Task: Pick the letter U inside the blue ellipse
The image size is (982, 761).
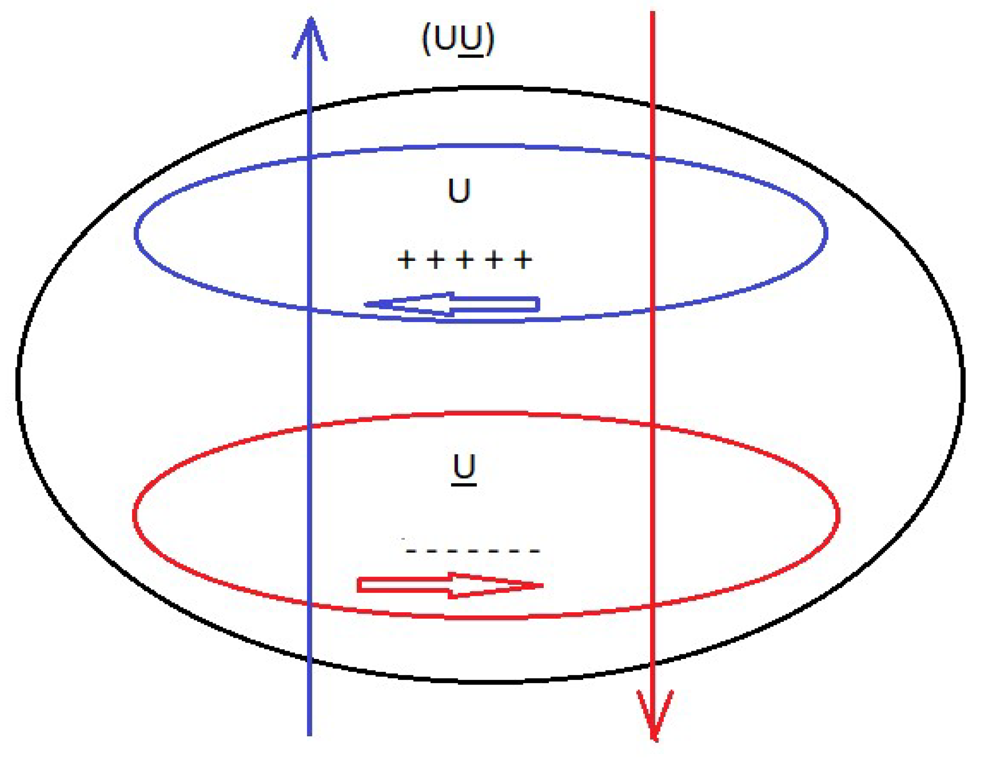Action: (x=459, y=190)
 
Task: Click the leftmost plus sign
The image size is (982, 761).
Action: (x=406, y=260)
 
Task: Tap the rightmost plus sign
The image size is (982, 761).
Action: (x=523, y=260)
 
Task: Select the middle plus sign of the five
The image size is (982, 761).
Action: (x=465, y=260)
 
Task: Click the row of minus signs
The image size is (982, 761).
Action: (x=473, y=551)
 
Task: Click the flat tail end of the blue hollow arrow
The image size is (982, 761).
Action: (x=538, y=304)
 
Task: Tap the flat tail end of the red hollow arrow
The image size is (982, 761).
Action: (x=360, y=585)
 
